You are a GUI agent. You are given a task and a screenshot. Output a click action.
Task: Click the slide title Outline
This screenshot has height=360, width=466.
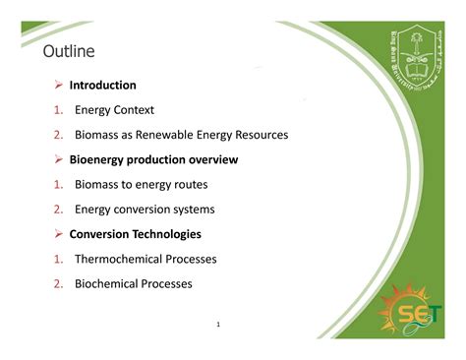pyautogui.click(x=69, y=50)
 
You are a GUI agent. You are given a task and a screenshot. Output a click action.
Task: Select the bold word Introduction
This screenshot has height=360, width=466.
pyautogui.click(x=102, y=86)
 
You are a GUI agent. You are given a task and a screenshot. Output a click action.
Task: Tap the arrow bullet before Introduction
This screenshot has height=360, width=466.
pyautogui.click(x=59, y=86)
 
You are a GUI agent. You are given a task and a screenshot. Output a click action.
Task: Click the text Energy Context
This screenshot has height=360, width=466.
pyautogui.click(x=114, y=110)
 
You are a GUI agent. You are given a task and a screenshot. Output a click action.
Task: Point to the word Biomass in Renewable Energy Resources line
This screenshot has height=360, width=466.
pyautogui.click(x=98, y=135)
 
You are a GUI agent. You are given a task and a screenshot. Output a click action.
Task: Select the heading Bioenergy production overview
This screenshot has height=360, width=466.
pyautogui.click(x=153, y=159)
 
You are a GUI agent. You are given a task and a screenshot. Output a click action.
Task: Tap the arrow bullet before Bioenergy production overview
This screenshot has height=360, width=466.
pyautogui.click(x=59, y=159)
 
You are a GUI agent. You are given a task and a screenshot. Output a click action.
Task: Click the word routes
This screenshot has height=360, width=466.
pyautogui.click(x=188, y=184)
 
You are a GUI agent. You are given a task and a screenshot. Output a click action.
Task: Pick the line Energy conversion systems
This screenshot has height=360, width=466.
pyautogui.click(x=145, y=210)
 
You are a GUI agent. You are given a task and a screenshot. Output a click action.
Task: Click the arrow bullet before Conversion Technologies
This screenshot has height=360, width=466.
pyautogui.click(x=59, y=234)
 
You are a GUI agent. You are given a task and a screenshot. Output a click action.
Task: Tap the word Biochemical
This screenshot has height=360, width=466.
pyautogui.click(x=109, y=283)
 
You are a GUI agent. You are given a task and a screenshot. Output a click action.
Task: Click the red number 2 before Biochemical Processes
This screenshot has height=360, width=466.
pyautogui.click(x=58, y=283)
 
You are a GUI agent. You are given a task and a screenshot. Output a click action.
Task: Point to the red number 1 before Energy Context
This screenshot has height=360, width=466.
pyautogui.click(x=58, y=110)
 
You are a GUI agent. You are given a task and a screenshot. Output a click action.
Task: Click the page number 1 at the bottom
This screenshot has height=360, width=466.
pyautogui.click(x=217, y=323)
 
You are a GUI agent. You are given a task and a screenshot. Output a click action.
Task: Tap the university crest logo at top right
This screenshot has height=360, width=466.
pyautogui.click(x=409, y=58)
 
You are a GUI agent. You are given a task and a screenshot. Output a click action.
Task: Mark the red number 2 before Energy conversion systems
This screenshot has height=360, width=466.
pyautogui.click(x=58, y=210)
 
